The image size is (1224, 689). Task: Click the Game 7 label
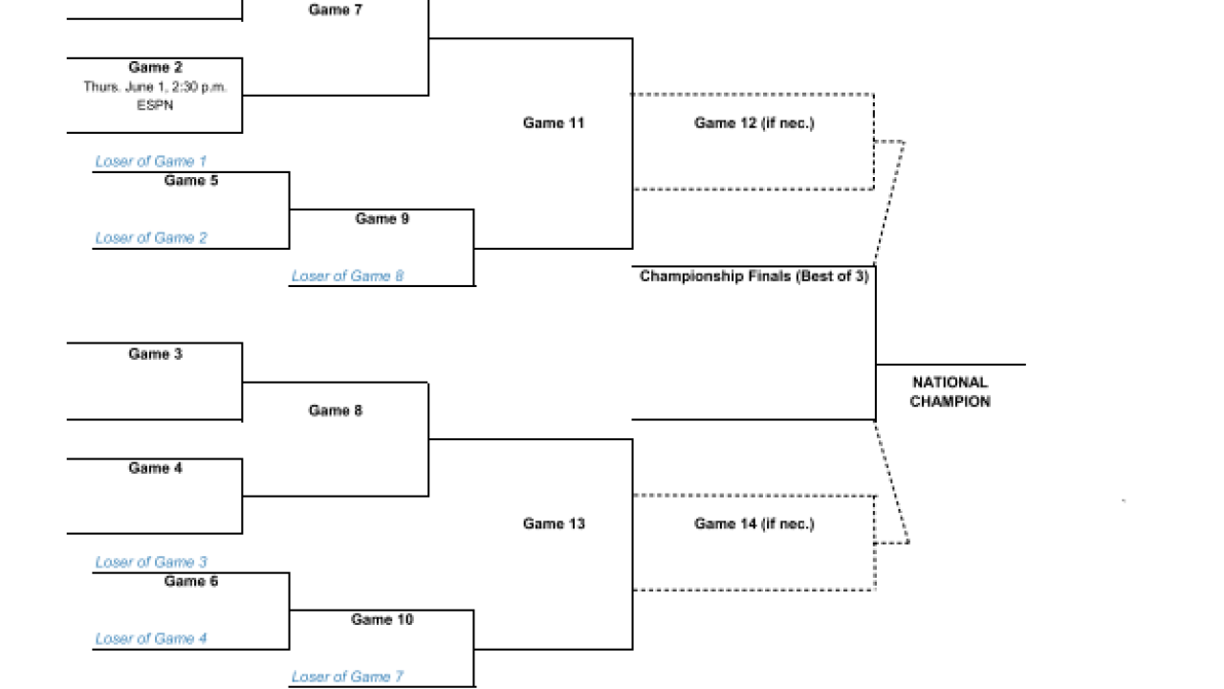pos(335,10)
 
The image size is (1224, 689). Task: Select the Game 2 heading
pos(155,67)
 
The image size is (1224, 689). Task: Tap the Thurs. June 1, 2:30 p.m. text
pos(155,87)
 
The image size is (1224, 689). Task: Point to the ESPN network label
pos(155,105)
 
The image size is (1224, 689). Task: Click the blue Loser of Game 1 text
pos(151,162)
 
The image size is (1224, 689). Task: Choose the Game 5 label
pos(190,181)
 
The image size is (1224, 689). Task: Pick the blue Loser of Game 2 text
pos(151,238)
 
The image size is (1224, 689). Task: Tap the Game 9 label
pos(382,219)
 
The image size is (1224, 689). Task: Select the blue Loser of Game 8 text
pos(347,277)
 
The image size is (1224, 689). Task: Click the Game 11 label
pos(554,123)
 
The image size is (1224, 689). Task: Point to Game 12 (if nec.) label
pos(754,123)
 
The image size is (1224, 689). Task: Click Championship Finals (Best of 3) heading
pos(754,277)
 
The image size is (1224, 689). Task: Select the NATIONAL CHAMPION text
pos(950,392)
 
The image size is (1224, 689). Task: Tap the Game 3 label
pos(155,354)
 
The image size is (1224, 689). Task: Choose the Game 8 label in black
pos(335,411)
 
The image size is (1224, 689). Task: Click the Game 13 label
pos(554,523)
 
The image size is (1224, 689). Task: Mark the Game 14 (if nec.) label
pos(754,523)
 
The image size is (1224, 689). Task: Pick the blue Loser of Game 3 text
pos(151,562)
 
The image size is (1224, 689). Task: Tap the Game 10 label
pos(382,619)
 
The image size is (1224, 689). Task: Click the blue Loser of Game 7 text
pos(347,677)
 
